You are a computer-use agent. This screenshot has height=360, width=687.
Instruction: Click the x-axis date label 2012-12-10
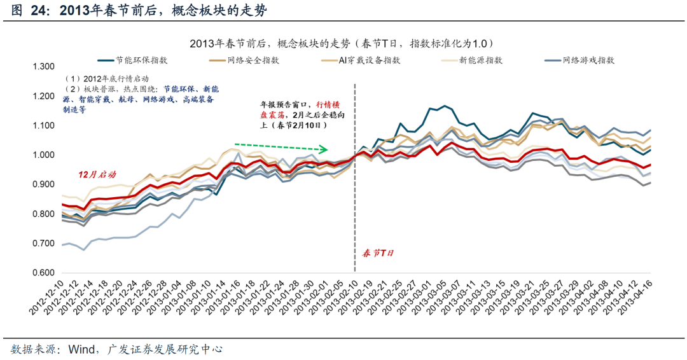coord(47,298)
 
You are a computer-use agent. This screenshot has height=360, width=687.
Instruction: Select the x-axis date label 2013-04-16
coord(637,298)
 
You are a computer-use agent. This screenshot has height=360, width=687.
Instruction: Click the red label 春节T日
coord(378,253)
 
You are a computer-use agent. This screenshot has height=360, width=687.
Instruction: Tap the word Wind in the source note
coord(81,349)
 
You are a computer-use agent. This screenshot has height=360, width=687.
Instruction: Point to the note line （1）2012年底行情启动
coord(102,79)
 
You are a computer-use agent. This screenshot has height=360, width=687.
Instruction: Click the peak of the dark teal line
coord(445,106)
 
